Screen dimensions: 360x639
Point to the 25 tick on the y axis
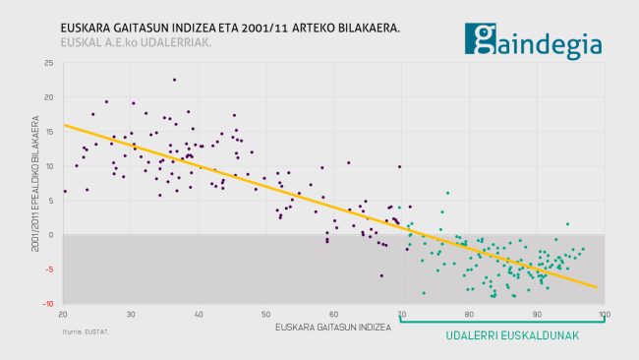point(50,63)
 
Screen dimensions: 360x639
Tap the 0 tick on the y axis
point(52,235)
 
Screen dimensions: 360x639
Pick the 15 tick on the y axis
point(50,132)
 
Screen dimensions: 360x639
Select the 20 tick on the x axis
point(63,314)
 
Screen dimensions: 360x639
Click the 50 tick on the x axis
point(265,314)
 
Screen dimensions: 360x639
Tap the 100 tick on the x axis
point(603,314)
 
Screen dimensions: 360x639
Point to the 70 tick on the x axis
point(401,314)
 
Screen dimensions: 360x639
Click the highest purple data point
point(174,80)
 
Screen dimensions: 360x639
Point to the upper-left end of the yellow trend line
point(64,125)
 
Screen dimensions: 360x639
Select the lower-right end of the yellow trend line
point(597,287)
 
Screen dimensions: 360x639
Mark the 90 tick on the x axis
point(536,314)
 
